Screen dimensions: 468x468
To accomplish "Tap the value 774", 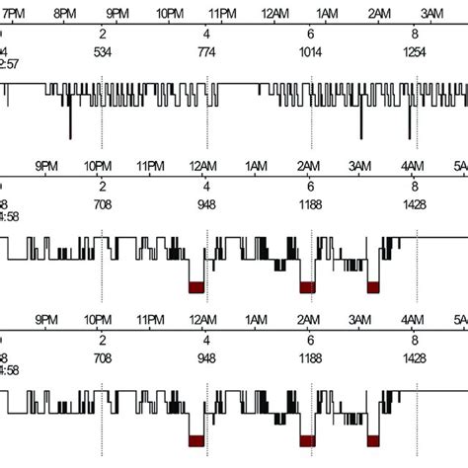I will (x=206, y=51).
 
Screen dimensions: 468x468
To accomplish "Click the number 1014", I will (x=311, y=51).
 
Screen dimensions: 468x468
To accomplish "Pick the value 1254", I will (x=415, y=51).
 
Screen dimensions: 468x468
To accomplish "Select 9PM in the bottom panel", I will (x=44, y=321).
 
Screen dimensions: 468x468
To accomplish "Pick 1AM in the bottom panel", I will (x=255, y=321).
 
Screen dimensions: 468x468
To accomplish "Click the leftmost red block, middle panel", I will (x=195, y=286).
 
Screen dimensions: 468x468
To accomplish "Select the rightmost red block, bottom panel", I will (x=373, y=441).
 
